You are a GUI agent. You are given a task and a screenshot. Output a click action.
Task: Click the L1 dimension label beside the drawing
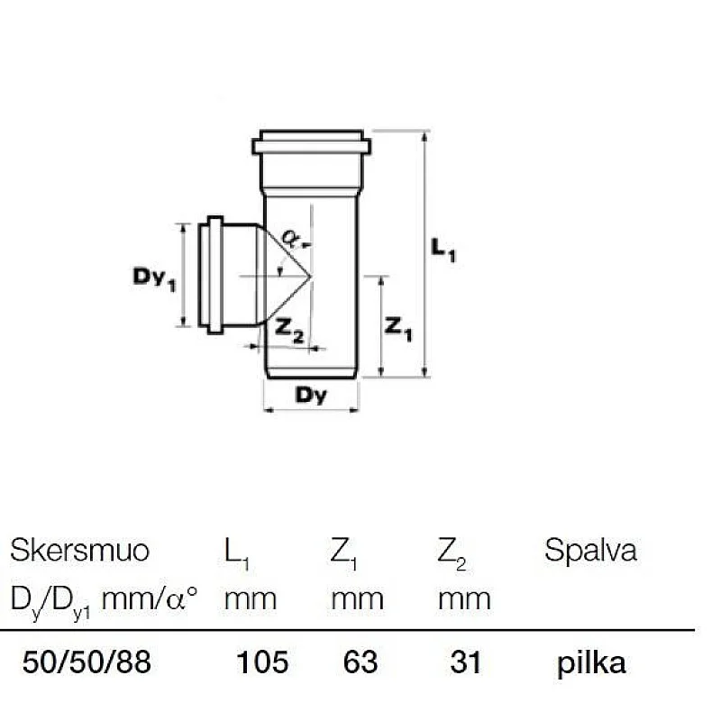443,251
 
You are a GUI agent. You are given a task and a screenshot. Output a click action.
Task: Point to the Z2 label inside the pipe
288,332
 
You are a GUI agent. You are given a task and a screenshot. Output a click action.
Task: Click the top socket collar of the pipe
311,144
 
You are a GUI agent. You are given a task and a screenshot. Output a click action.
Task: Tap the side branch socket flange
214,275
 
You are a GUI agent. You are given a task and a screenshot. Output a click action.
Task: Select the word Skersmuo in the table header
79,551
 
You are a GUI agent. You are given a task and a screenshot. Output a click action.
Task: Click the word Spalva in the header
590,551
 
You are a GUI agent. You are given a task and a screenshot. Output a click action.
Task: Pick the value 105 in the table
262,663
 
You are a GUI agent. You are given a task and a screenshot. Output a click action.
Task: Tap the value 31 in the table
465,663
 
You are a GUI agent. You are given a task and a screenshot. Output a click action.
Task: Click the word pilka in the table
591,664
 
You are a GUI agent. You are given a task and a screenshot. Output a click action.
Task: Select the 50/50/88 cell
86,663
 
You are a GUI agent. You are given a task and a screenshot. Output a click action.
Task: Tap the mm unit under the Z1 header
357,598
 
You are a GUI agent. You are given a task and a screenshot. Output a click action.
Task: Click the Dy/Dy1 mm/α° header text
104,598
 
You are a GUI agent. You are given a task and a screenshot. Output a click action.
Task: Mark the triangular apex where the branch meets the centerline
309,275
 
